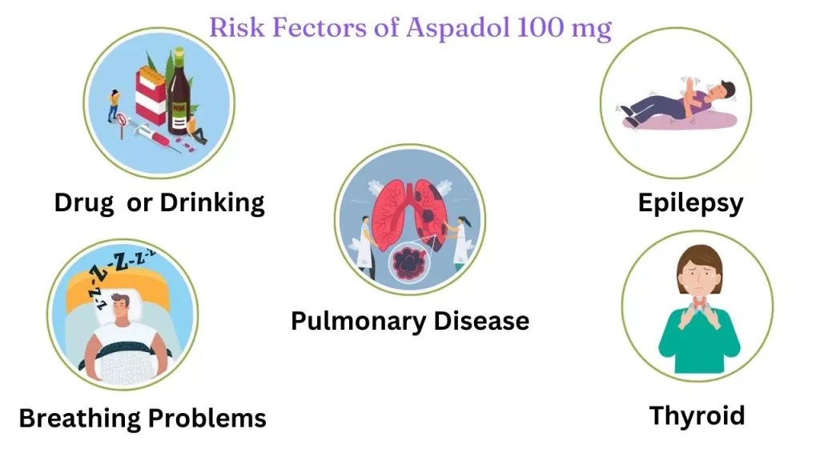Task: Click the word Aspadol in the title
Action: [x=457, y=28]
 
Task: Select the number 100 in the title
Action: [x=539, y=27]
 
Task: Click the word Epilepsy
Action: [x=690, y=203]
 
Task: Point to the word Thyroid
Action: [x=697, y=416]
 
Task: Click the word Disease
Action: [x=481, y=320]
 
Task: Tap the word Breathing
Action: [x=81, y=419]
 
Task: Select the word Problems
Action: [x=207, y=418]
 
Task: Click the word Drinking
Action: [x=212, y=203]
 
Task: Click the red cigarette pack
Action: [x=151, y=97]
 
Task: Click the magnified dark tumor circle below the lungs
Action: [x=410, y=262]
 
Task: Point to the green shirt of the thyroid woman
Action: [x=698, y=339]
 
